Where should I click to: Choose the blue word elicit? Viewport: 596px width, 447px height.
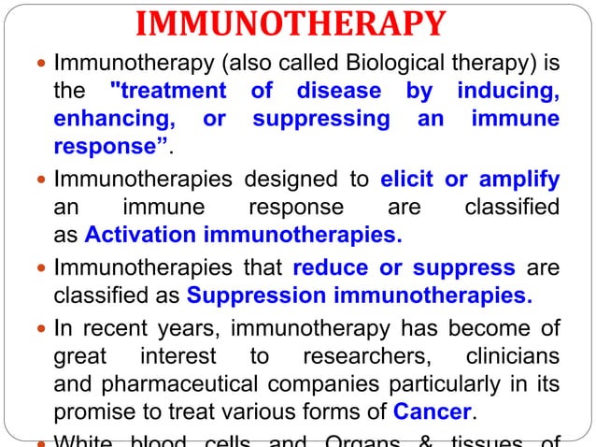(408, 179)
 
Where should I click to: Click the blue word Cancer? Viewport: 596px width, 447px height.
(433, 411)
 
